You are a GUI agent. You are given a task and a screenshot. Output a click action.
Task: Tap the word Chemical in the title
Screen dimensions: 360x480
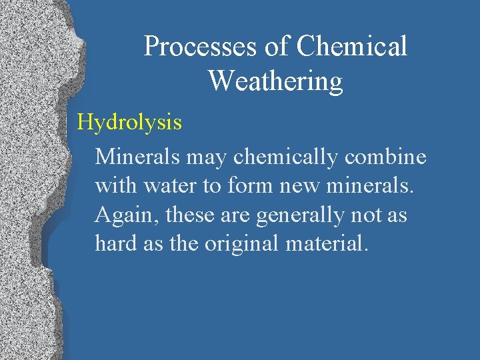pyautogui.click(x=351, y=47)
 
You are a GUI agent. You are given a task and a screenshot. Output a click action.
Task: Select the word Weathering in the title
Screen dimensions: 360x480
pyautogui.click(x=275, y=81)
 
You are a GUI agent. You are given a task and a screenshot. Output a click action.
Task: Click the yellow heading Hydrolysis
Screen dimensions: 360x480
pyautogui.click(x=129, y=123)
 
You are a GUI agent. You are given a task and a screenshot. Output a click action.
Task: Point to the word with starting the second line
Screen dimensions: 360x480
pyautogui.click(x=115, y=186)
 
